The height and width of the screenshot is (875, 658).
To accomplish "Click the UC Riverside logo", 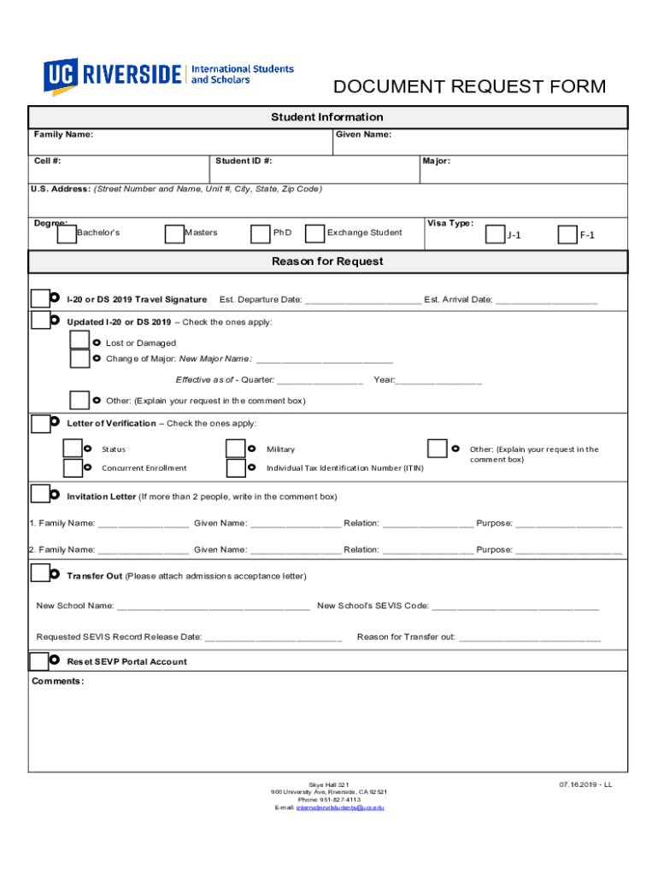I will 168,74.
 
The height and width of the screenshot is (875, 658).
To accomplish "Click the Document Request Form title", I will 469,87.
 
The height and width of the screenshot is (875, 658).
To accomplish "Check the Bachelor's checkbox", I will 66,234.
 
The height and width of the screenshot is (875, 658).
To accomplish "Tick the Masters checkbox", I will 174,234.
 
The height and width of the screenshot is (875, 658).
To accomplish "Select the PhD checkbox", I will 260,234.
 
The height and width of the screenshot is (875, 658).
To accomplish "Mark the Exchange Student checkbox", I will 314,233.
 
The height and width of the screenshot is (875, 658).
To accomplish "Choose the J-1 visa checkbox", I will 495,234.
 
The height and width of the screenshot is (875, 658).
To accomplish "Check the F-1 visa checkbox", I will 567,234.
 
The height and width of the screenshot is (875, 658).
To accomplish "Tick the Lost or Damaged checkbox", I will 79,340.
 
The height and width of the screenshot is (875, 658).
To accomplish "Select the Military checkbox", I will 236,449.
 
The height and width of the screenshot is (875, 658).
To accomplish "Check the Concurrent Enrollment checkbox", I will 73,467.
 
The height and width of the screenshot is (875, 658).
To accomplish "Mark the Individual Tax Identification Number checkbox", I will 236,468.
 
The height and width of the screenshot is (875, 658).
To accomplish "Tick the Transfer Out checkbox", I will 39,573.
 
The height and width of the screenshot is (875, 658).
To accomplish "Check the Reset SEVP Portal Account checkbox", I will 38,661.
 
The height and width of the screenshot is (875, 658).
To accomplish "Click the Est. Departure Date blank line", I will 362,301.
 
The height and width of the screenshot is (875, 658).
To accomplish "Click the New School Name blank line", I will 213,607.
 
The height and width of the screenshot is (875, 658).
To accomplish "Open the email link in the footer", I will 340,807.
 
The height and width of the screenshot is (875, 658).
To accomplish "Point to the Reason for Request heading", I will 327,261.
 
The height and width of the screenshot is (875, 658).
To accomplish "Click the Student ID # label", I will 244,161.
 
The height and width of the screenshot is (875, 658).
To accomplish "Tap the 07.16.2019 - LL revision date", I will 585,784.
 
